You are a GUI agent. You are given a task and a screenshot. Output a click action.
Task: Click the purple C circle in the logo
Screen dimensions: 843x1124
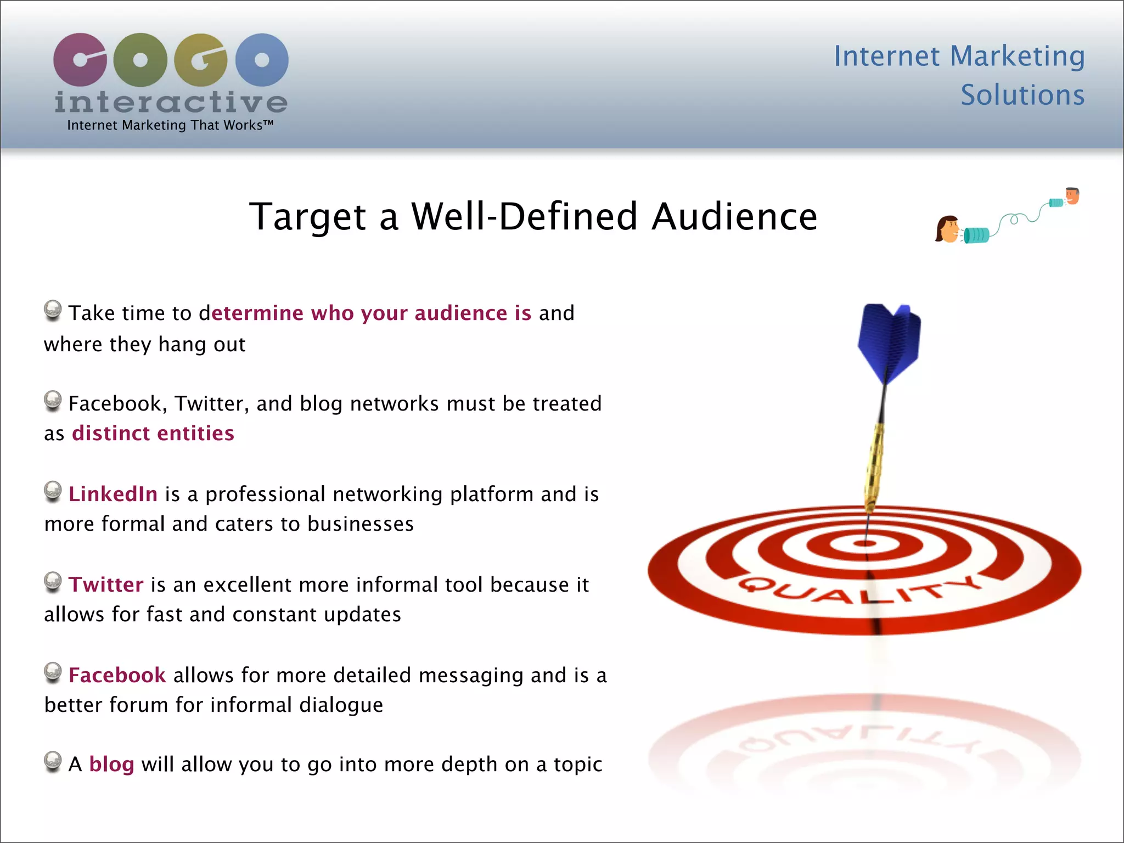pyautogui.click(x=80, y=59)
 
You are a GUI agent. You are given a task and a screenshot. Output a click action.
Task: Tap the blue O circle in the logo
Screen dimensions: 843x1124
pyautogui.click(x=262, y=59)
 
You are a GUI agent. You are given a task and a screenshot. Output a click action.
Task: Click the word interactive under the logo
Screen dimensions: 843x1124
pyautogui.click(x=171, y=103)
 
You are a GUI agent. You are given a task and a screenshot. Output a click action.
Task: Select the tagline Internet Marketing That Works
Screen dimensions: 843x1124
pyautogui.click(x=170, y=125)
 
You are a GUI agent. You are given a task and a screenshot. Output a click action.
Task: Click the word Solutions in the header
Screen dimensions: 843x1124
pyautogui.click(x=1022, y=95)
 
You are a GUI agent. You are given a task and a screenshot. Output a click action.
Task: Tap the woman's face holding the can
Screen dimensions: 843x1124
pyautogui.click(x=947, y=229)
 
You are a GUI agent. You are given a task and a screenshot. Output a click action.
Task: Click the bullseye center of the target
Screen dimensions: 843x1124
pyautogui.click(x=865, y=543)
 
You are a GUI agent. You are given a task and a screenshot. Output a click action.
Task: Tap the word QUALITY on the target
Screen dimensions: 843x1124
pyautogui.click(x=859, y=590)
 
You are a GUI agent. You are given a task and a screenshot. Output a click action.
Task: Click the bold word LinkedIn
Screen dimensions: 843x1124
pyautogui.click(x=113, y=494)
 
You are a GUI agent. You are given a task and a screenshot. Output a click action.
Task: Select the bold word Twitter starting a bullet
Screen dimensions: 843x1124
pyautogui.click(x=106, y=585)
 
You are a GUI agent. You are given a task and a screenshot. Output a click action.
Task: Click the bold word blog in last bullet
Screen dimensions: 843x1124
pyautogui.click(x=111, y=764)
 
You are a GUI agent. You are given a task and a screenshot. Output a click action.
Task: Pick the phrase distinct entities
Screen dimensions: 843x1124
pyautogui.click(x=153, y=433)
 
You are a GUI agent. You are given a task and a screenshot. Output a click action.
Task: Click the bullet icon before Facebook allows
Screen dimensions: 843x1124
pyautogui.click(x=53, y=672)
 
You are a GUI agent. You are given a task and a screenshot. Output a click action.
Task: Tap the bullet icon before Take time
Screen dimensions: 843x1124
pyautogui.click(x=53, y=310)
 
